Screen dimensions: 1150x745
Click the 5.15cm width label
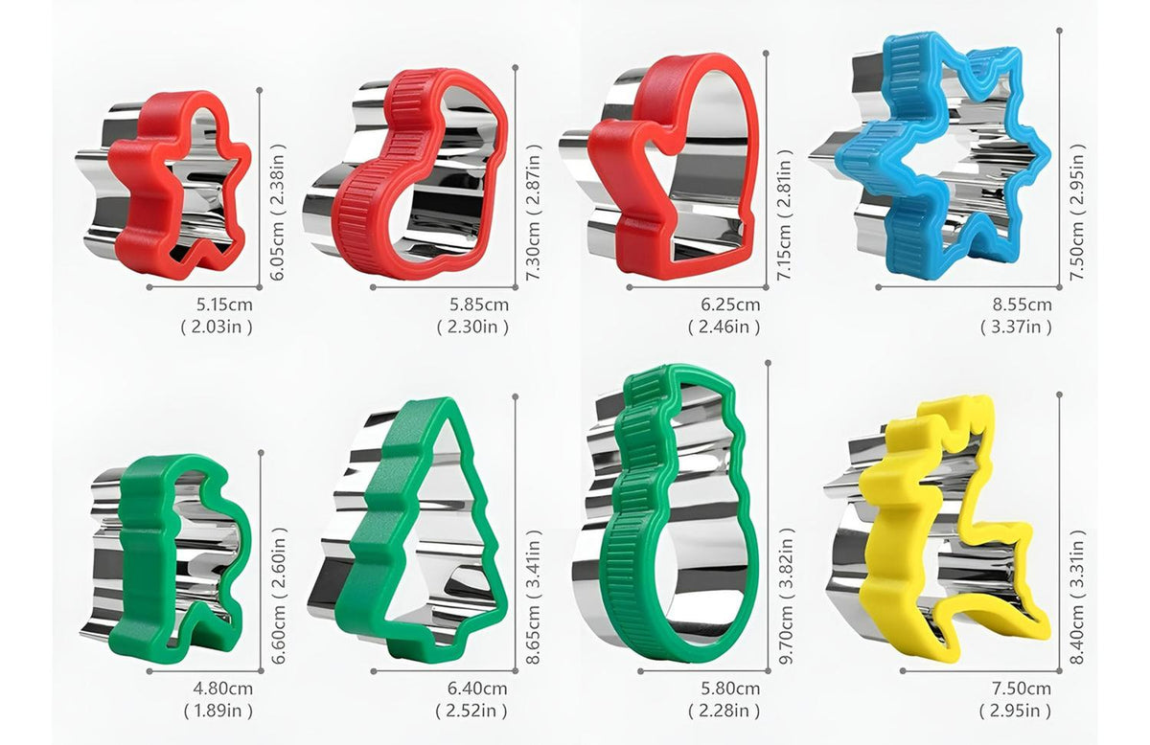pyautogui.click(x=224, y=305)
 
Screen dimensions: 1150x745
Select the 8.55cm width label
pyautogui.click(x=1022, y=305)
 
